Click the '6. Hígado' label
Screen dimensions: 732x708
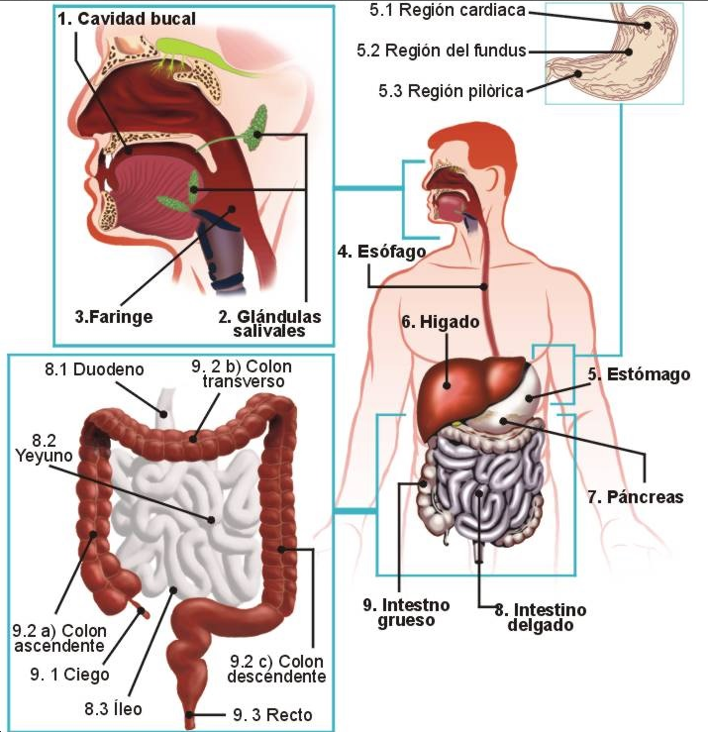pos(441,322)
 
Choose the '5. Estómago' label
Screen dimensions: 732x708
pos(639,374)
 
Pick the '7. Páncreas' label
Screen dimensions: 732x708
pos(635,496)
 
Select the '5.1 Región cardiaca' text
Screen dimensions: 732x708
pos(446,12)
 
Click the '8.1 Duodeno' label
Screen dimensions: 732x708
pos(94,369)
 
